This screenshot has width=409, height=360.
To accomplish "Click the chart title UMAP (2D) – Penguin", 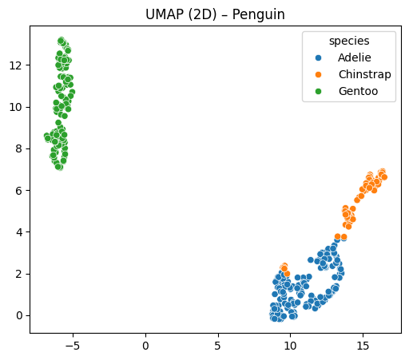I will (x=214, y=15).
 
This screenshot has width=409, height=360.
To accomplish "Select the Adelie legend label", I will (x=354, y=58).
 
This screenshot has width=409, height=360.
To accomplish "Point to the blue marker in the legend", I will (x=319, y=58).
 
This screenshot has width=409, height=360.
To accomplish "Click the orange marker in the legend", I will (x=319, y=75).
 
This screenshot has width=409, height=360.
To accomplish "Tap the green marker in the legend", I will (x=319, y=92).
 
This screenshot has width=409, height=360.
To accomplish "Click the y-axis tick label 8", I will (x=19, y=148).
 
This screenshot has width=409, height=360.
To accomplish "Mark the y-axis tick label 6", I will (x=19, y=190).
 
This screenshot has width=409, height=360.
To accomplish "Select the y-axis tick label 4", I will (x=19, y=232).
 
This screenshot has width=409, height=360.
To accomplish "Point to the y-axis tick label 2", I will (x=19, y=274).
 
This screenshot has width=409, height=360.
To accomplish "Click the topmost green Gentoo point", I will (x=62, y=40).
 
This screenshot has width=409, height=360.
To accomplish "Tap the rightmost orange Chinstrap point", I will (x=384, y=176).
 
